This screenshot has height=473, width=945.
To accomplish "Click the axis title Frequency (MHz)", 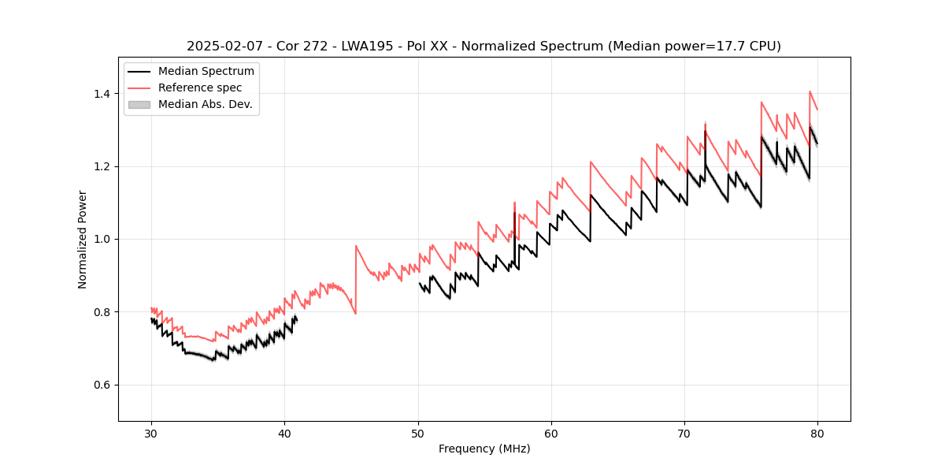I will click(x=484, y=449).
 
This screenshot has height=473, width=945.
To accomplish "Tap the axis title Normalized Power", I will click(x=83, y=239).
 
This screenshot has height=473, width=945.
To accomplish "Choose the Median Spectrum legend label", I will click(x=206, y=72).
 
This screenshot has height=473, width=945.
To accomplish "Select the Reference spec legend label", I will click(x=200, y=88).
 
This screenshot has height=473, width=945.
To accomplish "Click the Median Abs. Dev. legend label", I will click(x=205, y=104).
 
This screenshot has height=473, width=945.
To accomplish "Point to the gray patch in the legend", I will click(x=139, y=104).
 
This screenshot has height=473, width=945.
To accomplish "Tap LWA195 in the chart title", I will click(x=367, y=47).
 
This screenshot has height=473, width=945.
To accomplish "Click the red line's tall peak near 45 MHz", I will click(x=356, y=246).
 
